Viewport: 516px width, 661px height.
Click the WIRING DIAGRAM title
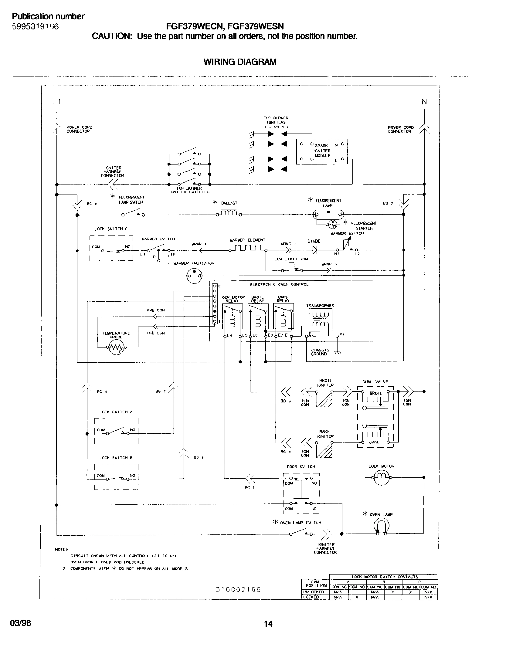coord(239,62)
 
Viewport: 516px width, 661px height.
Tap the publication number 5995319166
coord(35,27)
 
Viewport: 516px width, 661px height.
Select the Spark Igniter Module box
coord(322,151)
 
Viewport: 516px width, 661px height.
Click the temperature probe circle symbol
coord(117,347)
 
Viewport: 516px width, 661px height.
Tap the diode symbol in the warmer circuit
coord(314,250)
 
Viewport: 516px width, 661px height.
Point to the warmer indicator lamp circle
coord(194,276)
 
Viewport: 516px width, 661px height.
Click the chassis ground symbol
coord(338,352)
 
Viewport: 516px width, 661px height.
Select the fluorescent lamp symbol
coord(328,215)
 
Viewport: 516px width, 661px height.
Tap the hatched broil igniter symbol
coord(324,399)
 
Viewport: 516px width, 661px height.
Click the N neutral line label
coord(424,102)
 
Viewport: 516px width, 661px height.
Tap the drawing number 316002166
coord(238,590)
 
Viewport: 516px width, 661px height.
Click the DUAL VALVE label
coord(375,382)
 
